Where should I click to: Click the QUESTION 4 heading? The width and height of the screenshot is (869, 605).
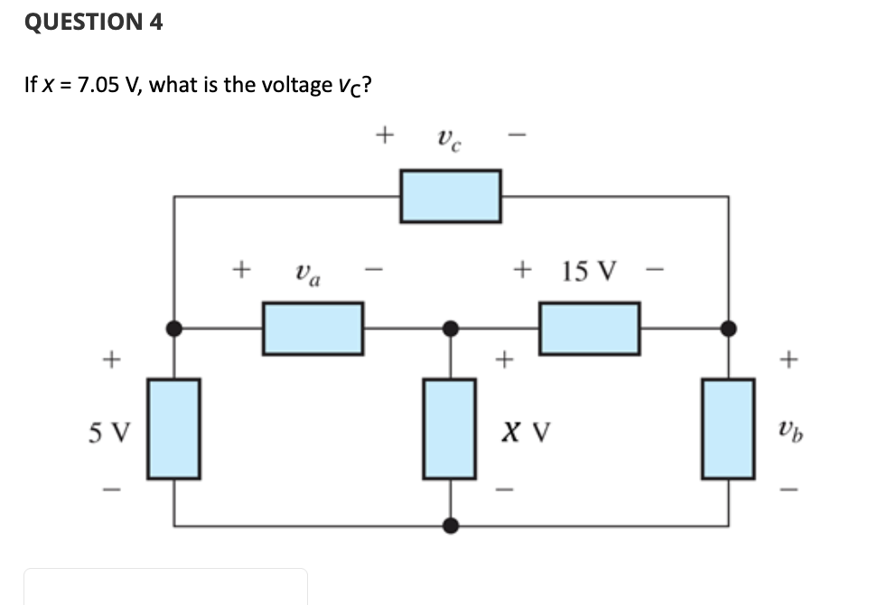[94, 23]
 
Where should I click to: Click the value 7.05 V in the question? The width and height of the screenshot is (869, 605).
[109, 85]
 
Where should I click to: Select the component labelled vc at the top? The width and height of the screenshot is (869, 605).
[451, 196]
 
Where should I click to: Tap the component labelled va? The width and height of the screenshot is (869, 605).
[313, 329]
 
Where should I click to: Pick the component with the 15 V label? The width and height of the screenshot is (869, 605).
[590, 329]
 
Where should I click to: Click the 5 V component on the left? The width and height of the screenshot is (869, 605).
[174, 428]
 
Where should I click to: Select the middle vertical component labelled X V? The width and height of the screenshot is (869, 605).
[450, 428]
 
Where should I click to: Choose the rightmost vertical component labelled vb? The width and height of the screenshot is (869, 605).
[728, 428]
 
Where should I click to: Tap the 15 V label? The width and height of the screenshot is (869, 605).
[589, 270]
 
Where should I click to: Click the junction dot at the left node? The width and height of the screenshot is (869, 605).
[174, 329]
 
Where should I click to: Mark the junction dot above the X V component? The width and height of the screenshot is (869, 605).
[450, 329]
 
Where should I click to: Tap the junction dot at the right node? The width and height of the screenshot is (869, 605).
[728, 329]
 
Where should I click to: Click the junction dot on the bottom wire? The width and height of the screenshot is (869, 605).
[450, 525]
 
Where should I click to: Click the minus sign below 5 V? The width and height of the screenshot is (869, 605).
[109, 491]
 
